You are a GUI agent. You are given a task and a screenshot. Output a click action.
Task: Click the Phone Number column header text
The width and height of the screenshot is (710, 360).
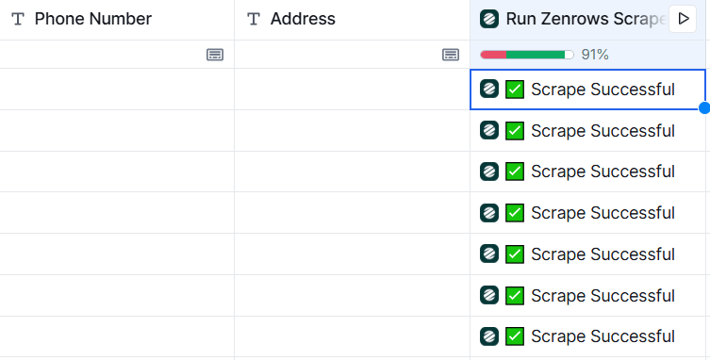click(x=93, y=19)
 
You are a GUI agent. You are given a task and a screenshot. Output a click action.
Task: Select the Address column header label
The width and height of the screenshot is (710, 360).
click(x=303, y=19)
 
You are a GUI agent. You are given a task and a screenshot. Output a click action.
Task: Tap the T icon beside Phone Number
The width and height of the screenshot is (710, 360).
click(x=18, y=20)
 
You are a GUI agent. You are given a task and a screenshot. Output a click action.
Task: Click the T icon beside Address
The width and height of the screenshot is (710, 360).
click(x=254, y=20)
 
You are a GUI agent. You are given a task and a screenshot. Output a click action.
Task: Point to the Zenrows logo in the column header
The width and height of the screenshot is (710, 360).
click(x=489, y=19)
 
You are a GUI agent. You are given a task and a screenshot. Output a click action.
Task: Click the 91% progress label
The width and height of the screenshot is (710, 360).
click(x=595, y=55)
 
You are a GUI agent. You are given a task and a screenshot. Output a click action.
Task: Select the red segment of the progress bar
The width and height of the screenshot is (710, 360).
click(x=493, y=55)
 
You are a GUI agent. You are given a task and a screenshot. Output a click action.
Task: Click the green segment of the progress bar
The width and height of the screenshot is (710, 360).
click(x=536, y=55)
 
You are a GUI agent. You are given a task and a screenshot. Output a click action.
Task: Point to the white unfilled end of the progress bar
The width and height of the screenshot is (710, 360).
click(x=570, y=55)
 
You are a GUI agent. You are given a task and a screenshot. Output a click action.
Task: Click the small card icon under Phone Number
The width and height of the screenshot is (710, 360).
click(x=215, y=55)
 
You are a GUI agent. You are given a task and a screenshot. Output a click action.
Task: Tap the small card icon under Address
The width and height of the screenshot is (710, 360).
click(x=451, y=55)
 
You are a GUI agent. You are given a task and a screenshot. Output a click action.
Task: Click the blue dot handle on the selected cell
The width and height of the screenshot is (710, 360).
click(x=704, y=107)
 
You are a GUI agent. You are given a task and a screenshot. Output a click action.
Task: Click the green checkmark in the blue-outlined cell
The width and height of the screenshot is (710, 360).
click(x=515, y=90)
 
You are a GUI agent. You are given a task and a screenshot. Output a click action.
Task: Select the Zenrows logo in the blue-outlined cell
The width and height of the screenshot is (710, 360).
click(x=489, y=89)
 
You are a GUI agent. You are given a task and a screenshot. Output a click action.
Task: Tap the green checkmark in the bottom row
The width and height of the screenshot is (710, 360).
click(x=515, y=336)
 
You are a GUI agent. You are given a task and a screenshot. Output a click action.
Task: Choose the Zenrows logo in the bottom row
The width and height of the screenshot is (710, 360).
click(x=489, y=336)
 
